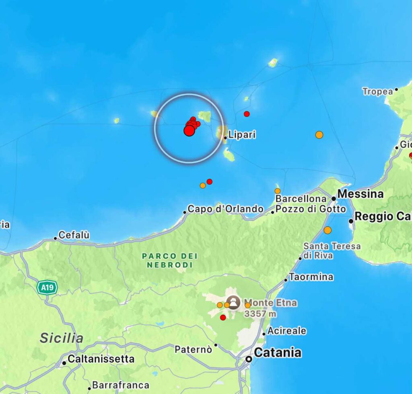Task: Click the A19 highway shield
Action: tap(47, 287)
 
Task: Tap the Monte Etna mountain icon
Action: tap(233, 302)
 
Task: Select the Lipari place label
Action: tap(242, 135)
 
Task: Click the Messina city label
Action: tap(360, 194)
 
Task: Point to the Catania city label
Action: tap(278, 353)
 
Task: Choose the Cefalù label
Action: tap(74, 235)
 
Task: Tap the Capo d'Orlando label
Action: tap(226, 209)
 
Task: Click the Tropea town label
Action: tap(377, 91)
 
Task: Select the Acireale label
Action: tap(287, 331)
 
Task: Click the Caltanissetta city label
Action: tap(101, 359)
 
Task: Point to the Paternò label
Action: tap(193, 349)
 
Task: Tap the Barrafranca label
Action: tap(120, 385)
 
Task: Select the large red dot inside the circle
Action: tap(189, 131)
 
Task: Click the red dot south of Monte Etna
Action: tap(223, 318)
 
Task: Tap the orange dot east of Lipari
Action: tap(319, 135)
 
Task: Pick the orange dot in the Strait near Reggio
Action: tap(328, 230)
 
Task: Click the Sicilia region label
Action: tap(62, 338)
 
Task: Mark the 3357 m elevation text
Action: tap(260, 313)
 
